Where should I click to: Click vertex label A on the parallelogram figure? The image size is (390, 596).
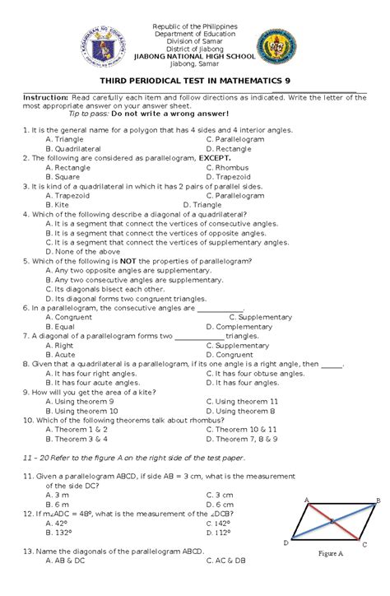point(307,500)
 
